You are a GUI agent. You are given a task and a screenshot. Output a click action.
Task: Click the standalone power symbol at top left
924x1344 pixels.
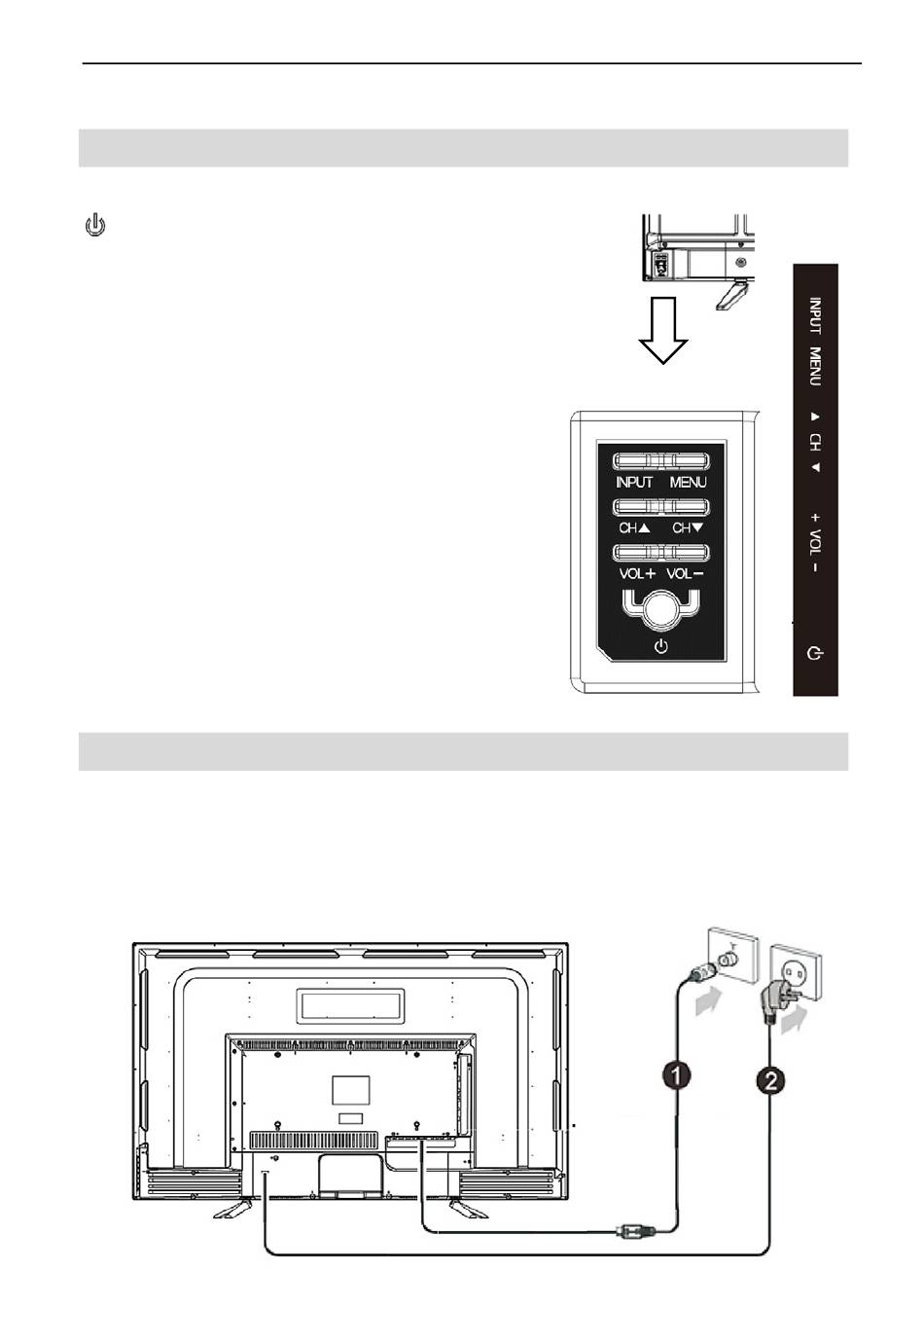coord(95,228)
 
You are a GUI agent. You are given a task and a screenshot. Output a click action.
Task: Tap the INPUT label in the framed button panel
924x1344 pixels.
coord(634,482)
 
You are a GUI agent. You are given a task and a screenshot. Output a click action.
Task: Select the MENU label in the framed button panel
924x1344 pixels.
coord(688,482)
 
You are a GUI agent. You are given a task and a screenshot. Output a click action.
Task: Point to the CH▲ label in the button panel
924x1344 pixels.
coord(634,527)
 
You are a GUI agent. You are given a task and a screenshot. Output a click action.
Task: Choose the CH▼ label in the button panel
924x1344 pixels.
coord(688,527)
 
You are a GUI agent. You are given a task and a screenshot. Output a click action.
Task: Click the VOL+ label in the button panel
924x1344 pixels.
coord(637,573)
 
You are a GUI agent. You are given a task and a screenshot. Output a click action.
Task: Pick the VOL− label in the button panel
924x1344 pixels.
coord(686,573)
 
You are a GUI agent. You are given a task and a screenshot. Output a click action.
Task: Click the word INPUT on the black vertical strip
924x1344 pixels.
coord(815,315)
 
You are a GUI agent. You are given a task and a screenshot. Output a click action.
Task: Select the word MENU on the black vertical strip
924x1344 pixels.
coord(815,366)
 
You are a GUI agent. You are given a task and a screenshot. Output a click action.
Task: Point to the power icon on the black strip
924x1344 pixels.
coord(816,652)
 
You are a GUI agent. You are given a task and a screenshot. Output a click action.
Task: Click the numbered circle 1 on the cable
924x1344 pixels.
coord(677,1075)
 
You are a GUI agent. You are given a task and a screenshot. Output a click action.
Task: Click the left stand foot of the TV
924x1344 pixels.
coord(232,1209)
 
